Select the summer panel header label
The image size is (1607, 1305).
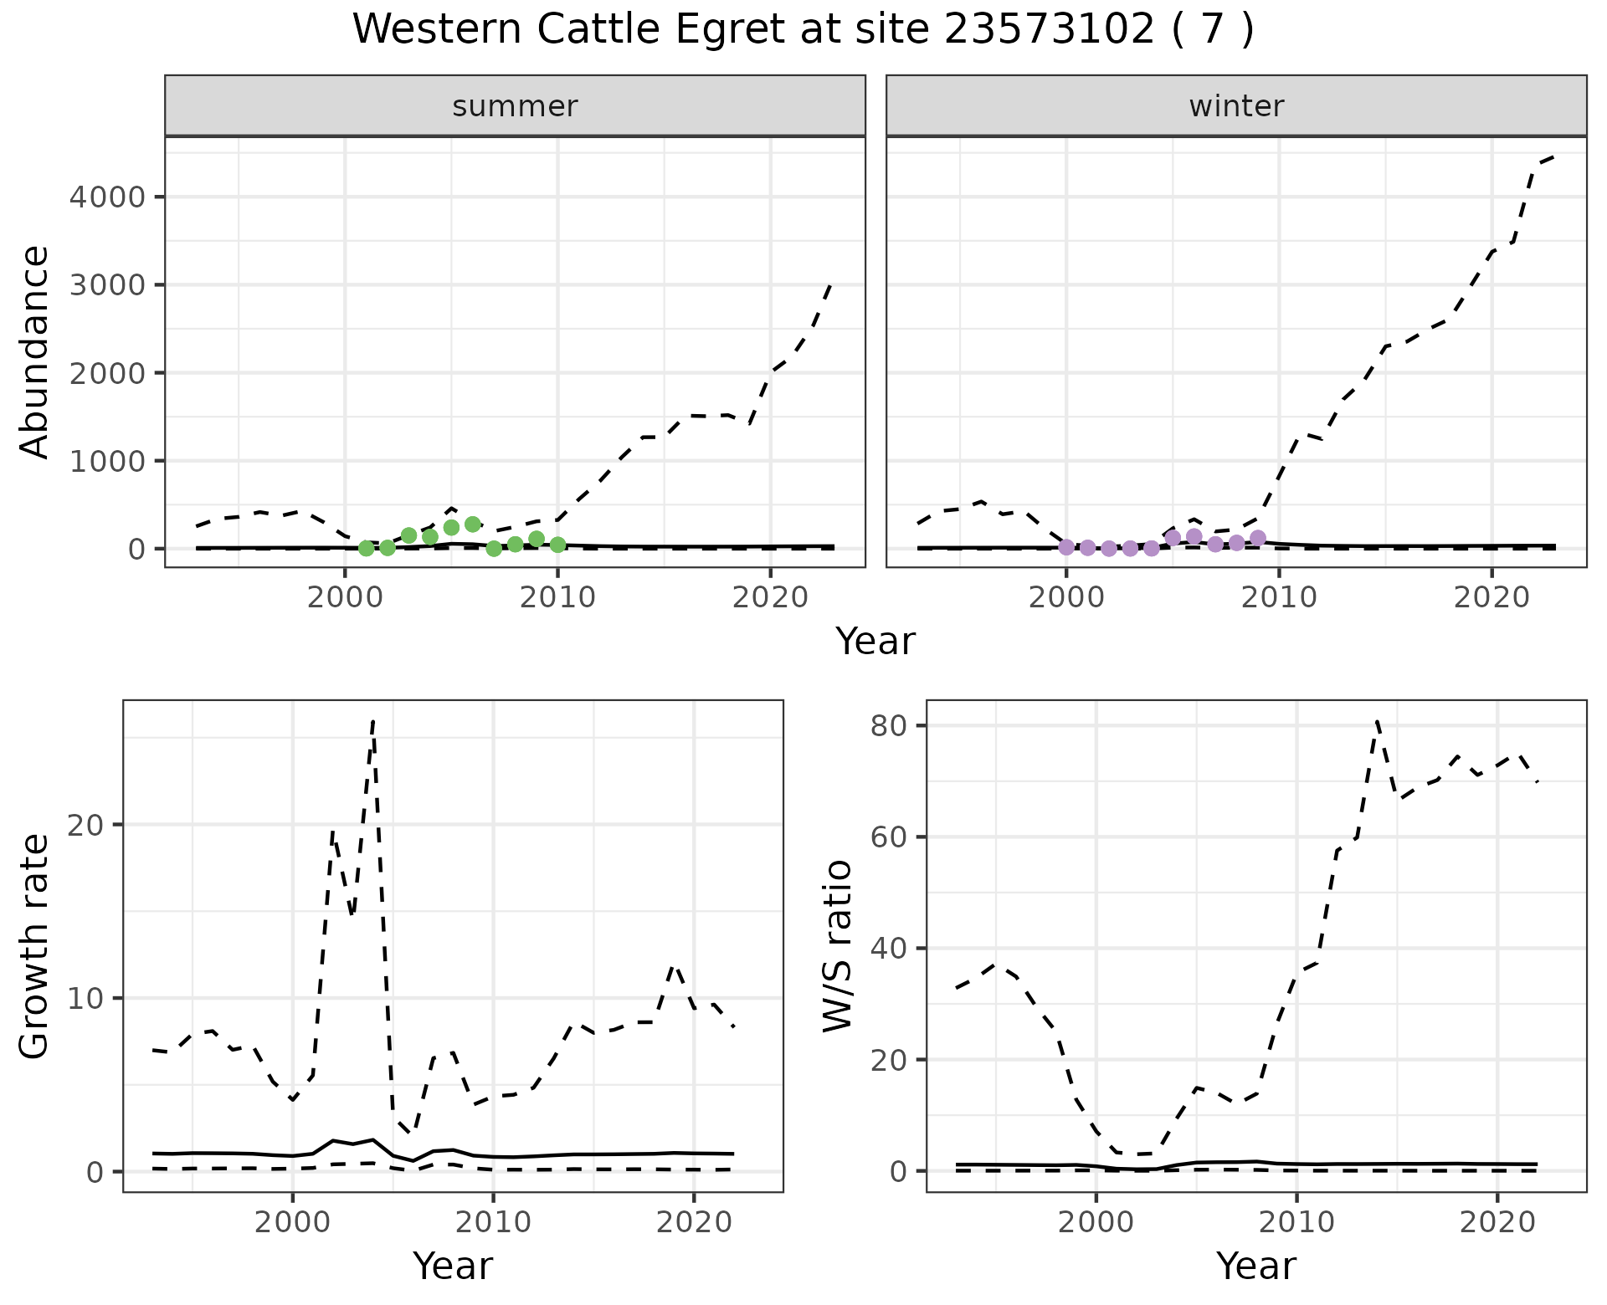(515, 106)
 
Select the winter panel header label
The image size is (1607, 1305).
(1236, 106)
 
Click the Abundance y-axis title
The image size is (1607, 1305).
(35, 351)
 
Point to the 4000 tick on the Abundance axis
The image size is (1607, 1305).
(108, 197)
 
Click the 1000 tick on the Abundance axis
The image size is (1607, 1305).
(108, 461)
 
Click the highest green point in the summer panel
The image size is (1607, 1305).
(473, 525)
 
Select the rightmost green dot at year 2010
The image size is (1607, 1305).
(558, 545)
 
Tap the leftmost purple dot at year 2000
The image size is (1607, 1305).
(1066, 547)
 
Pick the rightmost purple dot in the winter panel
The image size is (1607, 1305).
(1257, 538)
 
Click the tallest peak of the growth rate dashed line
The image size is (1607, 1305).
(372, 720)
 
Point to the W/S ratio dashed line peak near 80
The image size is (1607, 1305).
(1377, 720)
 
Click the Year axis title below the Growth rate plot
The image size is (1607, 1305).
(453, 1266)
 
